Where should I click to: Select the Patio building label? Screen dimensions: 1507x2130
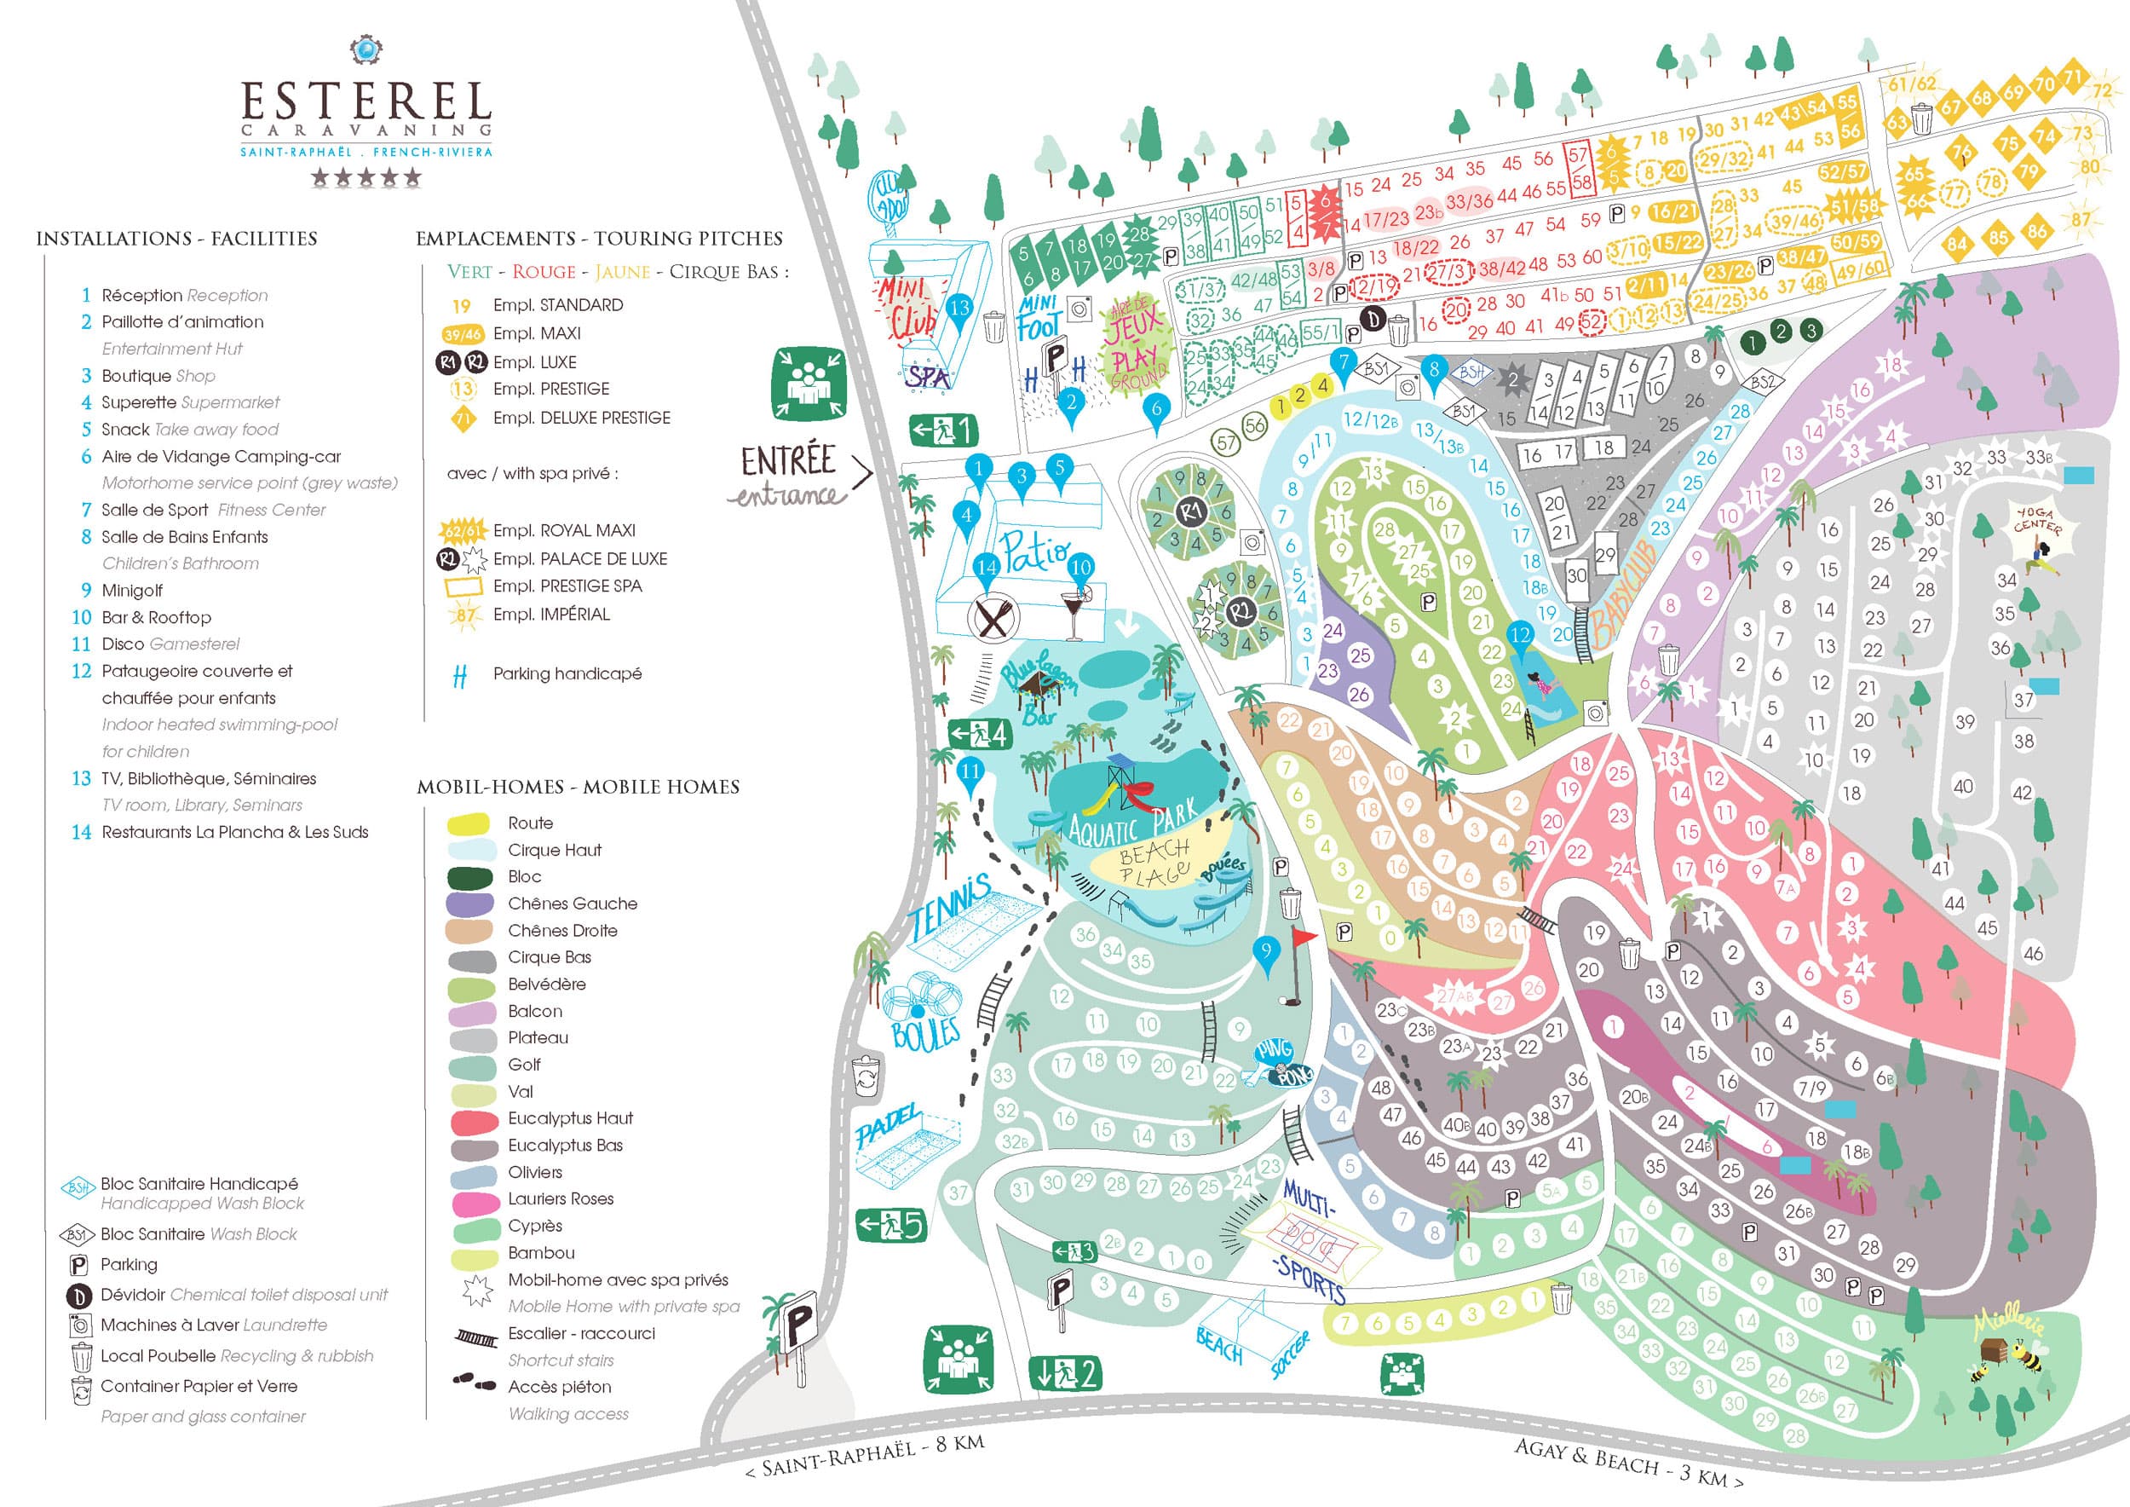1033,551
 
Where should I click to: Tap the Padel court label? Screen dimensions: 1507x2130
888,1126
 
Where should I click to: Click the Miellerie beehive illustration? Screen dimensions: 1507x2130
1995,1350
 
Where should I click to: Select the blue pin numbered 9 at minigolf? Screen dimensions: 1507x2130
1265,952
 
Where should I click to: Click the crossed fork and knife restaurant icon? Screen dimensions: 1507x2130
993,617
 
